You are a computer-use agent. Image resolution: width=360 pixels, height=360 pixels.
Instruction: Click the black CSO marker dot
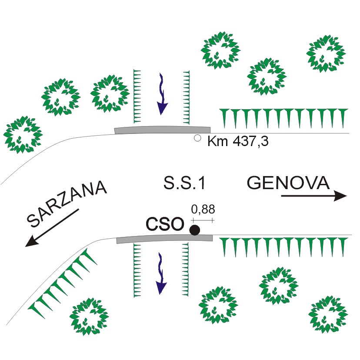point(195,230)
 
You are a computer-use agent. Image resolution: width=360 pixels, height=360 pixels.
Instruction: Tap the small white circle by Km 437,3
point(197,138)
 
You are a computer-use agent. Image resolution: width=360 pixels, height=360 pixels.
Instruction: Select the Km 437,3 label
point(237,141)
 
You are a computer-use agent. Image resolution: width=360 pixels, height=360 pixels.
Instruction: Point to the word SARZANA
point(67,205)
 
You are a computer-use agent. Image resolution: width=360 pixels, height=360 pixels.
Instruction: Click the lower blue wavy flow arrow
point(161,273)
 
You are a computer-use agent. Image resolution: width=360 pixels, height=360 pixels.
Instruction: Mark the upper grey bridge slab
point(162,130)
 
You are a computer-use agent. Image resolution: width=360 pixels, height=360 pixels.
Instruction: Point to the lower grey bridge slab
point(164,239)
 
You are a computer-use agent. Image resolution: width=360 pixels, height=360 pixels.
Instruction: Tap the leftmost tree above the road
point(22,135)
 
